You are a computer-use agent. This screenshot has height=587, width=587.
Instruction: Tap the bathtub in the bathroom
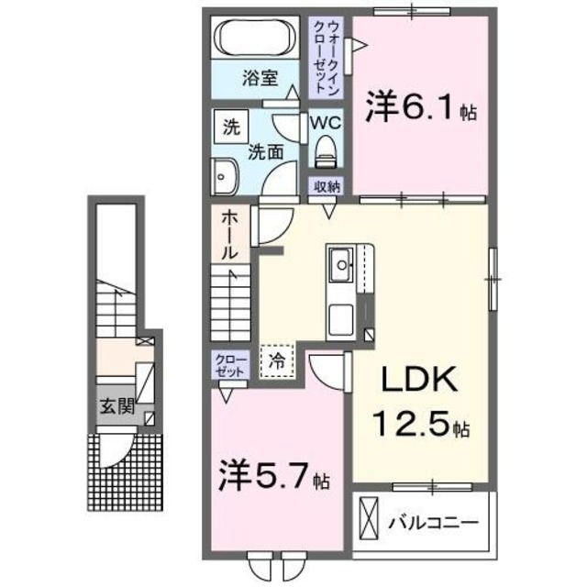point(254,39)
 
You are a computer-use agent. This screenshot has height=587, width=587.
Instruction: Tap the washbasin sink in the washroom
point(225,174)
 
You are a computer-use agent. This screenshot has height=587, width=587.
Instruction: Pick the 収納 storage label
point(327,186)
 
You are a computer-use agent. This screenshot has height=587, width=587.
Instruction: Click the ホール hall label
point(229,233)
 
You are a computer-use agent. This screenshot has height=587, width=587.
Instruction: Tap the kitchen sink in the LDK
point(340,268)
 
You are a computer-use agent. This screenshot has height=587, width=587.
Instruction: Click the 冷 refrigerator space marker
point(275,360)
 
